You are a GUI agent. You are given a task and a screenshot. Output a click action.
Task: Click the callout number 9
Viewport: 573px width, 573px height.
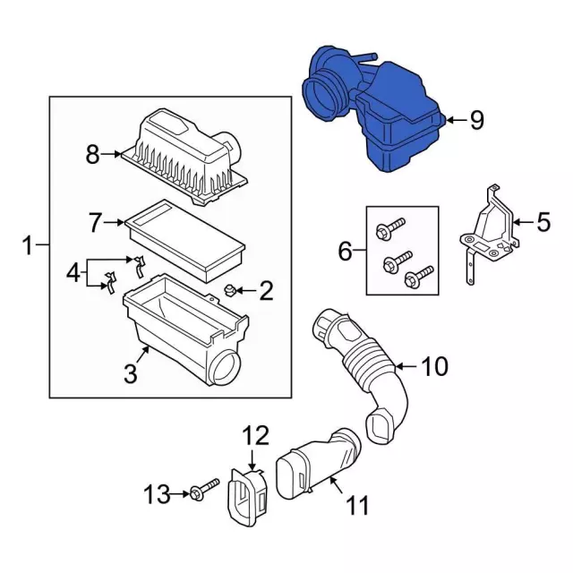[x=476, y=119]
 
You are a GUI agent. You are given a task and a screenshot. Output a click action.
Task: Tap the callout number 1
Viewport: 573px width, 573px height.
[x=28, y=244]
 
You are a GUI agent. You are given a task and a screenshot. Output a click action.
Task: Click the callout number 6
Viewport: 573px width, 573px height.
[x=346, y=253]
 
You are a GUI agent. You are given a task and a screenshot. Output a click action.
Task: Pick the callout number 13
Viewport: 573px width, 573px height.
[x=157, y=493]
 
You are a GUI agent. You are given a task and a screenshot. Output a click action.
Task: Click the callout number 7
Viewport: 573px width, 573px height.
[x=98, y=220]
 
